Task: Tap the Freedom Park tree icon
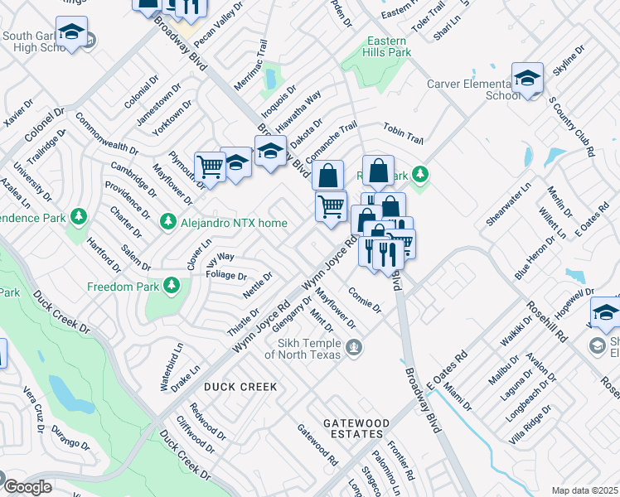pyautogui.click(x=172, y=286)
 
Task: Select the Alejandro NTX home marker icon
pyautogui.click(x=168, y=222)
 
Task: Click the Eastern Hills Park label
pyautogui.click(x=386, y=46)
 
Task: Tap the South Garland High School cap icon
pyautogui.click(x=72, y=33)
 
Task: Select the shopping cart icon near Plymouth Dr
pyautogui.click(x=210, y=166)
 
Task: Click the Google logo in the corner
pyautogui.click(x=27, y=487)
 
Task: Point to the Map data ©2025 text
pyautogui.click(x=584, y=490)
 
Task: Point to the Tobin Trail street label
pyautogui.click(x=403, y=133)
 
